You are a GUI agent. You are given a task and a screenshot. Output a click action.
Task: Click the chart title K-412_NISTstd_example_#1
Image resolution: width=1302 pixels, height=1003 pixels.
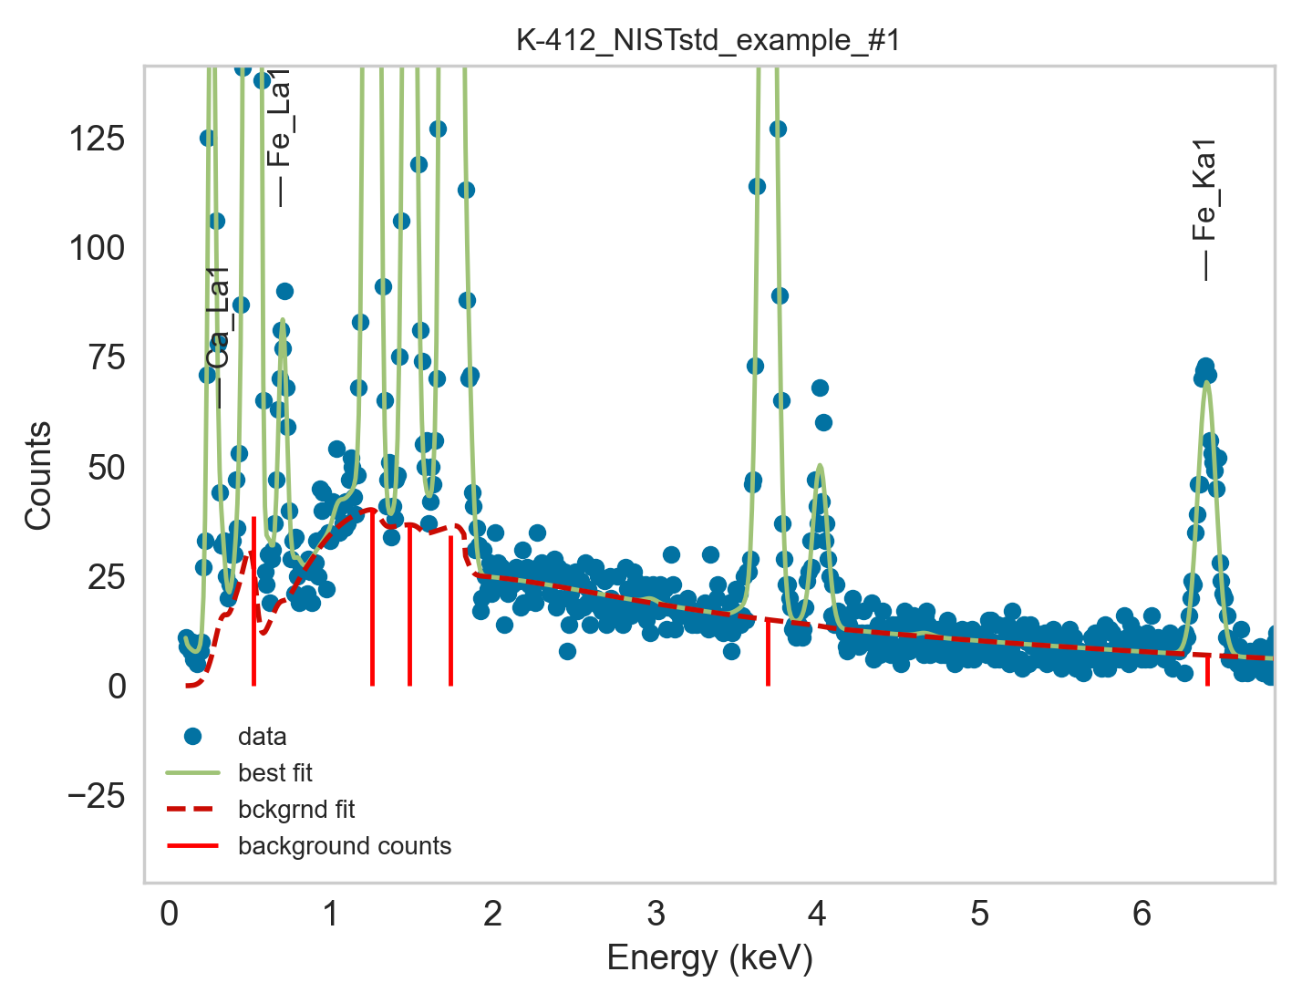point(708,41)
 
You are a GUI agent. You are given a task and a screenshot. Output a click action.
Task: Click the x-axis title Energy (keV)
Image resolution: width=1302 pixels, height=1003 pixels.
point(709,958)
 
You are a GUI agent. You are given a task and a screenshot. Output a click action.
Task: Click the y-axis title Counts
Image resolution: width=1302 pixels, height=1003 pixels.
point(38,475)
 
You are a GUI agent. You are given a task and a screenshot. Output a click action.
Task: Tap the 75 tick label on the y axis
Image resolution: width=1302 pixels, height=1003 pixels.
point(104,357)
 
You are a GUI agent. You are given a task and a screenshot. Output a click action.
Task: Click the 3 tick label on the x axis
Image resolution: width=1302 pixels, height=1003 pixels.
point(656,913)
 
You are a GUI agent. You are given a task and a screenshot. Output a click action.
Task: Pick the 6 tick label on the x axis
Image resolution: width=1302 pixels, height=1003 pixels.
point(1142,913)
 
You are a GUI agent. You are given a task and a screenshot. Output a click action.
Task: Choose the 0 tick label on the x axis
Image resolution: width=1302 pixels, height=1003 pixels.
point(170,913)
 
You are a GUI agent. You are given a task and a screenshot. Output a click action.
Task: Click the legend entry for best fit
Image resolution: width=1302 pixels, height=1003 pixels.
point(274,773)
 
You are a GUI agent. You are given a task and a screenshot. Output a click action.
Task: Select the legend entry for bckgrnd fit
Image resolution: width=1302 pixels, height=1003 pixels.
point(295,810)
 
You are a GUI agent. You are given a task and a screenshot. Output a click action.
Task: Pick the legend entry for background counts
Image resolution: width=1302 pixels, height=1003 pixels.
point(344,846)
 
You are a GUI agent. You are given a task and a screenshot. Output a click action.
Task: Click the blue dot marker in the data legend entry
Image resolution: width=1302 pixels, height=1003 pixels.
point(192,736)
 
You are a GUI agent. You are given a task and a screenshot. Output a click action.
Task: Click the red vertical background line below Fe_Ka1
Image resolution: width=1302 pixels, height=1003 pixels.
point(1207,671)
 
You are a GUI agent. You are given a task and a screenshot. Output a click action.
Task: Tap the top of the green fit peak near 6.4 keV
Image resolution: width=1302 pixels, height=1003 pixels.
point(1206,383)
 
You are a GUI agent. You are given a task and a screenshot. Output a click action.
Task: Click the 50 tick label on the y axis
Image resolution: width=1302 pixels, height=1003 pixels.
point(104,467)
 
